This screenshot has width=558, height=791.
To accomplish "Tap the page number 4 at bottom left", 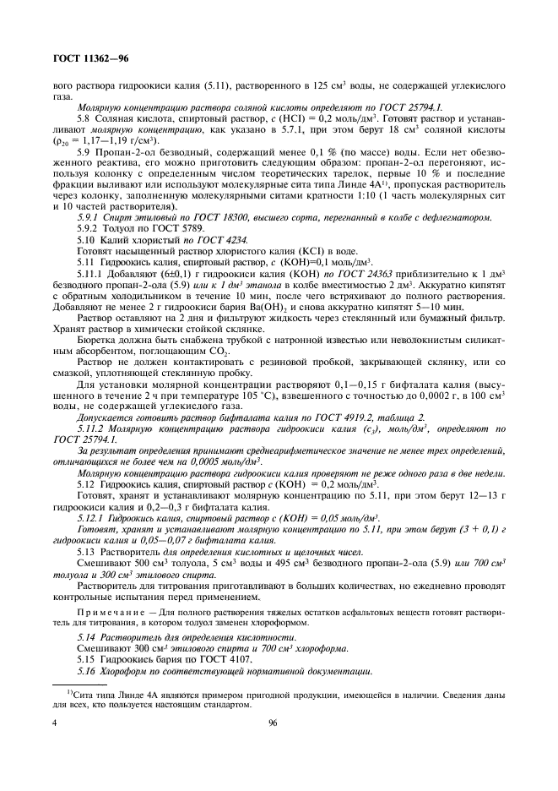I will click(x=54, y=723).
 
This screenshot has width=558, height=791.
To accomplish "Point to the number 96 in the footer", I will click(x=273, y=723).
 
